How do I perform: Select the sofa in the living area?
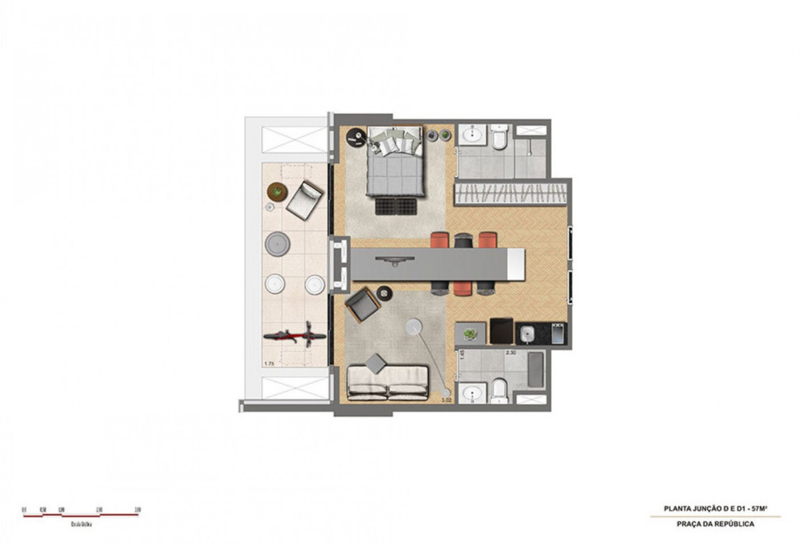coord(387,382)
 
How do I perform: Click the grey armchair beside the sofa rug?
coord(362,304)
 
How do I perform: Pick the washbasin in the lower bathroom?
coord(471,394)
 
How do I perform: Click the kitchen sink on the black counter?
coord(527,334)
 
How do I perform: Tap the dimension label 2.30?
coord(510,353)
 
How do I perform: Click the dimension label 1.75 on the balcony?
coord(269,364)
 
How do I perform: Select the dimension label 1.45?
coord(462,355)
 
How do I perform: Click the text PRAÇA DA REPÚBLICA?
coord(715,524)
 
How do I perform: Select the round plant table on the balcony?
coord(276,190)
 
